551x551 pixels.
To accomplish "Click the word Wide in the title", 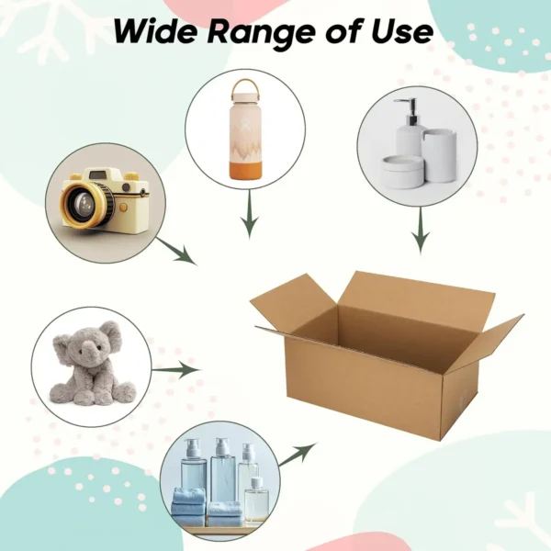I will (154, 32).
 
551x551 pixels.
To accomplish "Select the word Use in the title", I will (402, 32).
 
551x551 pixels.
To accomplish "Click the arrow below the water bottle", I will (246, 223).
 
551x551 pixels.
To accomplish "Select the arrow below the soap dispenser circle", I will (420, 231).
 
